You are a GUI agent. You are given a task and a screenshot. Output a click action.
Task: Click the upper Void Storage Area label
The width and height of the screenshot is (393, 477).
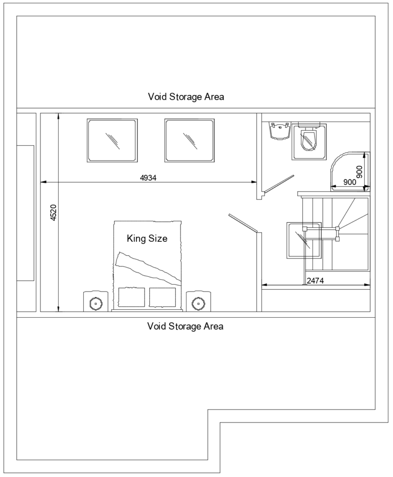186,97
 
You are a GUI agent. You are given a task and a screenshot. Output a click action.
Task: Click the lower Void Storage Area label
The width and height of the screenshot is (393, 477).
185,326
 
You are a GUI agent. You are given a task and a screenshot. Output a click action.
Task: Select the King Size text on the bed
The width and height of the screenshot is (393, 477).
147,238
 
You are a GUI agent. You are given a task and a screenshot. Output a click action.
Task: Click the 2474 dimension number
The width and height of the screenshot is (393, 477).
315,281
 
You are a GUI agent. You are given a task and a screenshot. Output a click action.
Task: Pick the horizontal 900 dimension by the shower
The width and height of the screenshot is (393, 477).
349,183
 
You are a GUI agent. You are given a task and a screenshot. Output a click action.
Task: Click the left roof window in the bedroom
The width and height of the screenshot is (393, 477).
112,140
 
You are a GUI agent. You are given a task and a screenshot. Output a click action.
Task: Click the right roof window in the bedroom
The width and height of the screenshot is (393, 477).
189,140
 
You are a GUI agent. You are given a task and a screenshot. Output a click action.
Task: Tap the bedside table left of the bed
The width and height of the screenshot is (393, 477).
96,302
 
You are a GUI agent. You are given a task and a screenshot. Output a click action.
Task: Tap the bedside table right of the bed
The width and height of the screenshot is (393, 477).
199,302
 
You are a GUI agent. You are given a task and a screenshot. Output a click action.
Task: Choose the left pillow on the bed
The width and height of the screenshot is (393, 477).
132,298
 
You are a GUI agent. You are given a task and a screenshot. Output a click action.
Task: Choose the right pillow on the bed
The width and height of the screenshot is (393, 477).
162,298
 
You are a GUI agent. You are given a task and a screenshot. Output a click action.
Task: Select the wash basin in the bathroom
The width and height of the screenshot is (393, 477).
280,131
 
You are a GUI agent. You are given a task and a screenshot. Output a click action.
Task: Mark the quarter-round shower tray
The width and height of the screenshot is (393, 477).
350,170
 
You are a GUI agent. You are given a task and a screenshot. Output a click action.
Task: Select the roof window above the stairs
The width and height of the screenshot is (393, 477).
304,239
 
